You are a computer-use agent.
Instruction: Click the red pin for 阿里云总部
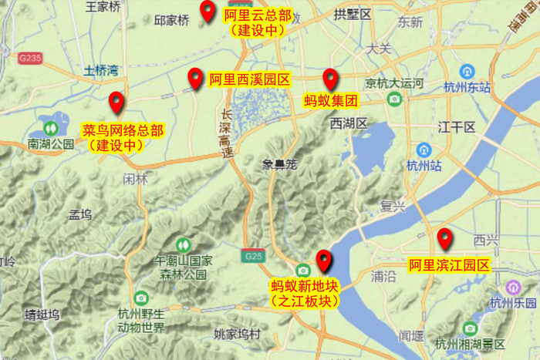207,11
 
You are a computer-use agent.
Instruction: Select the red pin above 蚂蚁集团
330,79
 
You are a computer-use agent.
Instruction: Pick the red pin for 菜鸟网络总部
116,102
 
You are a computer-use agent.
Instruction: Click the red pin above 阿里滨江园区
444,238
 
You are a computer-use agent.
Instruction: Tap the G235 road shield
31,57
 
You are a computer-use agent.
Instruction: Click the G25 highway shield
251,255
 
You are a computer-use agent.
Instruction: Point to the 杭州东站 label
467,87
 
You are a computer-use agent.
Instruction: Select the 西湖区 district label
349,123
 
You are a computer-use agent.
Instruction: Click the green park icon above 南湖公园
52,126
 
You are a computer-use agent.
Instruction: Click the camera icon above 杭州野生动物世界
141,298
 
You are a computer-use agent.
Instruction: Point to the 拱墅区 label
353,14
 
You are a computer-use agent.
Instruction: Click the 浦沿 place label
383,274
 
